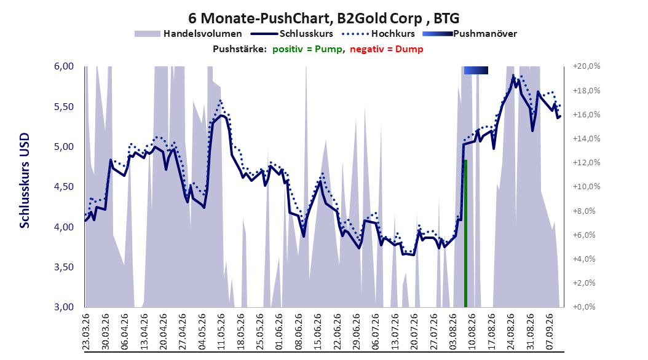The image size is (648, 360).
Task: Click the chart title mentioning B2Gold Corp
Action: pos(323,18)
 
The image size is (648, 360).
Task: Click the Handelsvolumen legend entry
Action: pos(188,34)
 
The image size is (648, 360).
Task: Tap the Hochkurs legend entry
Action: pos(379,34)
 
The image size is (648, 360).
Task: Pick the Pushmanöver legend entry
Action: pos(470,34)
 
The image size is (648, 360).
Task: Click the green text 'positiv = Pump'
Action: pos(307,49)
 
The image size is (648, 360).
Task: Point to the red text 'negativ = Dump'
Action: pos(387,49)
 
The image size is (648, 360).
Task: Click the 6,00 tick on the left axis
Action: pos(64,66)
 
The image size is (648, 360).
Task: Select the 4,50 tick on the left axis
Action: pos(64,187)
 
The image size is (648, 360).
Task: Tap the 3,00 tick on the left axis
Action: pos(64,307)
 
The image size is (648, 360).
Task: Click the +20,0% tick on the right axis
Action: pos(587,66)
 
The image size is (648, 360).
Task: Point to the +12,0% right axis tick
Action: pos(587,163)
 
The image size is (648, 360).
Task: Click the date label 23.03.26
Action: pos(86,332)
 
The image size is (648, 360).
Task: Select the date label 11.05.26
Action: pos(221,332)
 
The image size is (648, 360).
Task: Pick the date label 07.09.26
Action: pos(549,332)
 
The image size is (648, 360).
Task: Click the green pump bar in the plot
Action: pos(465,233)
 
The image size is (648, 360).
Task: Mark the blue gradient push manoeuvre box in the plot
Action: pos(476,70)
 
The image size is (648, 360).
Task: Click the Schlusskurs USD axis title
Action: pos(25,180)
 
